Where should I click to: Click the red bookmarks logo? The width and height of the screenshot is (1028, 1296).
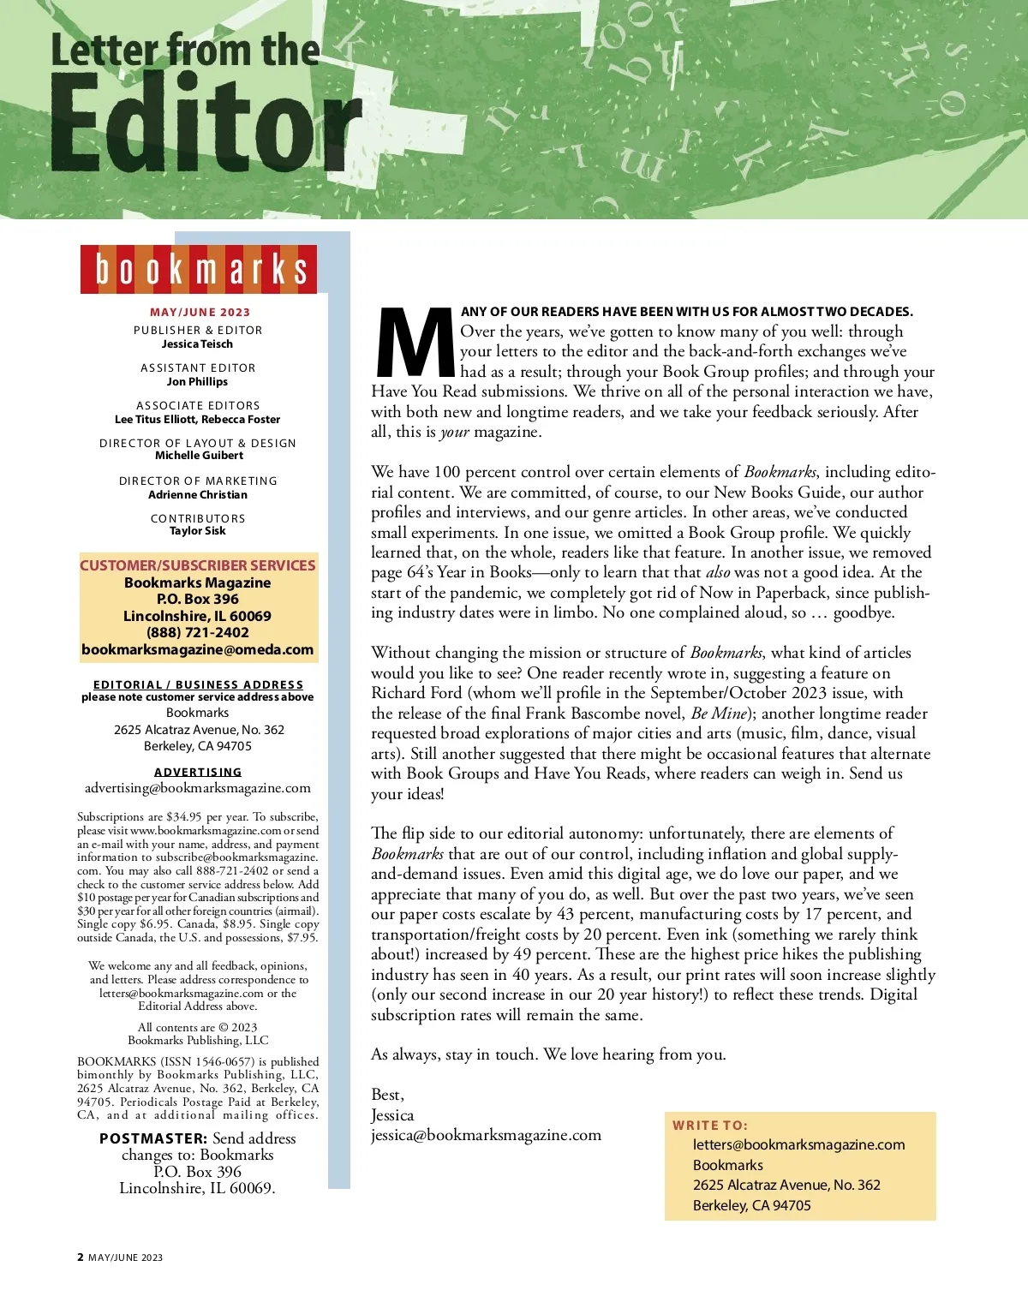tap(199, 269)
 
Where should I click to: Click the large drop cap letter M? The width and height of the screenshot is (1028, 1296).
tap(415, 343)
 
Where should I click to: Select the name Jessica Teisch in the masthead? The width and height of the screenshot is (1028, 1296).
tap(197, 344)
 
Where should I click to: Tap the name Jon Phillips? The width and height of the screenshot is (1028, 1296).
tap(197, 382)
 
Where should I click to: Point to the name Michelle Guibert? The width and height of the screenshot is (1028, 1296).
tap(199, 456)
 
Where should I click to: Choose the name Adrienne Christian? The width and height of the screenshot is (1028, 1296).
tap(198, 495)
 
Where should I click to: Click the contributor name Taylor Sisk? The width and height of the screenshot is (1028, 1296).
tap(198, 531)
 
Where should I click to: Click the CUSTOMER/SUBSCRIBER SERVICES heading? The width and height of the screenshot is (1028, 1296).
tap(198, 565)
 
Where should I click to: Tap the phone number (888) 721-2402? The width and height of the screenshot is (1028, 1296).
tap(198, 633)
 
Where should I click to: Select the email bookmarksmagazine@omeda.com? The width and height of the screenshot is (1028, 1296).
tap(198, 649)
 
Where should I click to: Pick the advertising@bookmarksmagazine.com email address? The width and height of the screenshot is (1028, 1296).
tap(198, 788)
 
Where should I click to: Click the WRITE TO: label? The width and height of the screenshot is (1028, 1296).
tap(710, 1126)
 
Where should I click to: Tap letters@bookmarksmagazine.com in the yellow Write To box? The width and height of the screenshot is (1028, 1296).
tap(798, 1145)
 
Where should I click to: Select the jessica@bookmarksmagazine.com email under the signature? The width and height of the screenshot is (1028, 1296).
tap(486, 1135)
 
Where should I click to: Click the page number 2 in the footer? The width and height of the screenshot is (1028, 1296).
tap(81, 1257)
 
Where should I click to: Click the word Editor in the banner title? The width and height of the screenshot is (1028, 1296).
tap(206, 124)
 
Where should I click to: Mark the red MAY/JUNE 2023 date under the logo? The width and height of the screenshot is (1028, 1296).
tap(200, 313)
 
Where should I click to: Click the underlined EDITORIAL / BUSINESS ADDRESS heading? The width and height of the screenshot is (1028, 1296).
tap(198, 685)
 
